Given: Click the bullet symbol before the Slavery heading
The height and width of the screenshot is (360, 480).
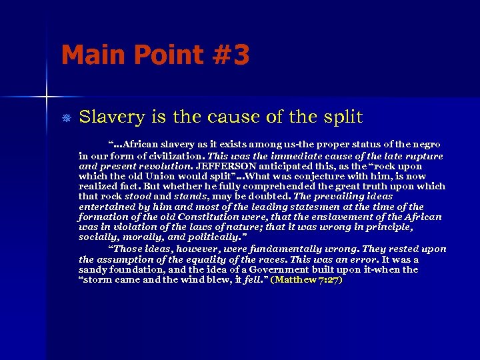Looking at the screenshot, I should pos(65,117).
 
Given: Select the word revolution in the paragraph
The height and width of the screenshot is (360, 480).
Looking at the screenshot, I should pos(169,165).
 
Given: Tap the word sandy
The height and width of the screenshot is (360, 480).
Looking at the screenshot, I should pos(93,269).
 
